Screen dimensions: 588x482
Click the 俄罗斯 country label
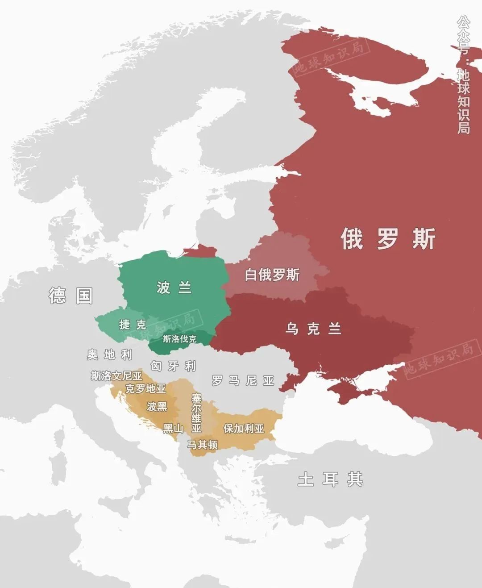(387, 238)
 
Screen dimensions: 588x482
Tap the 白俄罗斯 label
(272, 275)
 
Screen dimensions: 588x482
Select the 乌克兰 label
(313, 329)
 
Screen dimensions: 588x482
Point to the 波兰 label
(174, 288)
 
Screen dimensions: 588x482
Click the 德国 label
(71, 296)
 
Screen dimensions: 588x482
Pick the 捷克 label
(133, 325)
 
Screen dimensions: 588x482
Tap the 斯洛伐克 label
(179, 339)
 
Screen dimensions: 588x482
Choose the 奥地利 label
(110, 355)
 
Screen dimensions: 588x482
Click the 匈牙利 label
(173, 366)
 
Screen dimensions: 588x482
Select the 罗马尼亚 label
(243, 380)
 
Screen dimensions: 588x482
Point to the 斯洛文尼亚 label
(116, 376)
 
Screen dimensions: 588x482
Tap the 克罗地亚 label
(145, 389)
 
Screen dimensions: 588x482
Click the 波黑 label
(157, 406)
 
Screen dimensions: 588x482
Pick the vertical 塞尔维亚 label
(196, 413)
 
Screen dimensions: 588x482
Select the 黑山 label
(173, 429)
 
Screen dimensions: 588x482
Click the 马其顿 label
(202, 444)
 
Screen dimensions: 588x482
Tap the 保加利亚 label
(244, 429)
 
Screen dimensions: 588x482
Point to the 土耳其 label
(330, 479)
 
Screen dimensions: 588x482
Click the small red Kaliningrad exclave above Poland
(199, 251)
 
